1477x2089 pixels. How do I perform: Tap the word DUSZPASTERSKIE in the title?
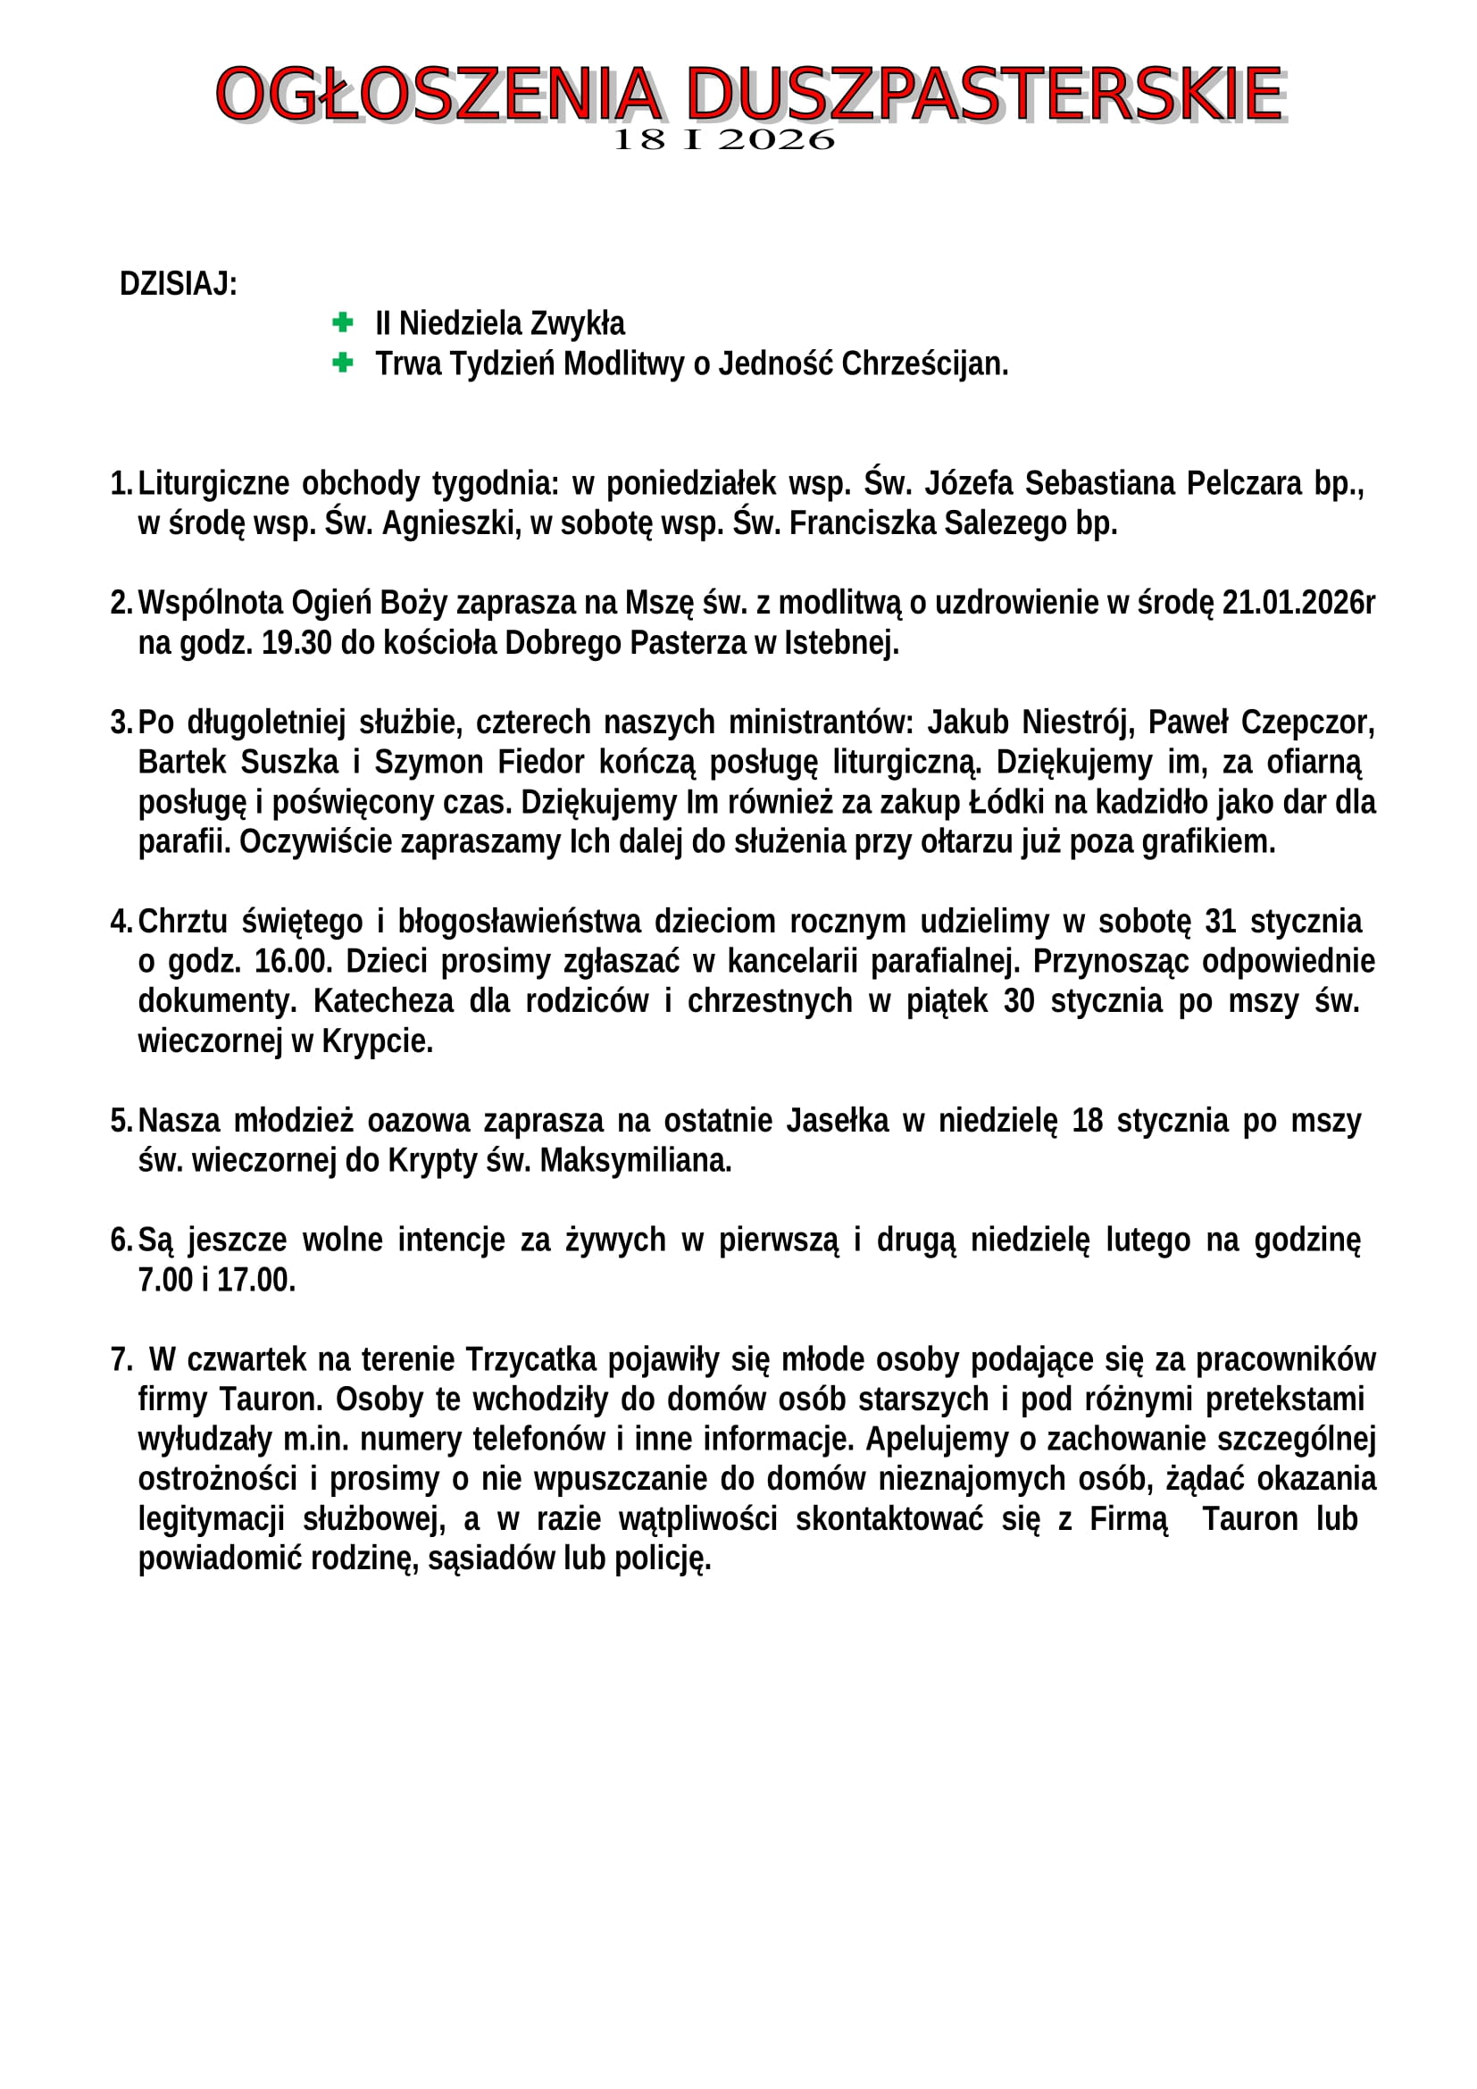coord(984,94)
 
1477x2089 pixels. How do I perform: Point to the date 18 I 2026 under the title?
coord(724,140)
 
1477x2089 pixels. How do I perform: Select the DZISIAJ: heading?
coord(179,284)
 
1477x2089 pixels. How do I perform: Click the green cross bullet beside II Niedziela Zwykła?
coord(343,322)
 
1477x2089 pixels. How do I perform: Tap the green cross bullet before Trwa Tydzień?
coord(343,363)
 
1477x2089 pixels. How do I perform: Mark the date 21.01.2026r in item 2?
coord(1298,602)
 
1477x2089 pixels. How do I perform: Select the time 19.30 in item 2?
coord(296,642)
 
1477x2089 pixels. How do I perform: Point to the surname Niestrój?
coord(1078,722)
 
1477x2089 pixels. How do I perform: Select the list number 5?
coord(121,1120)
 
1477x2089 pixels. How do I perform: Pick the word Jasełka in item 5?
coord(837,1120)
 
